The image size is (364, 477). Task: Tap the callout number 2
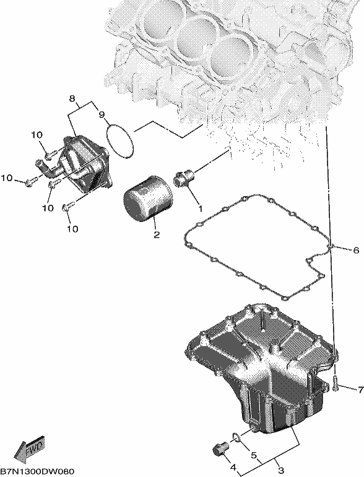[x=157, y=234]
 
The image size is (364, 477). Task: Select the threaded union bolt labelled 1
[x=184, y=179]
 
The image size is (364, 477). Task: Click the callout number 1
[x=200, y=208]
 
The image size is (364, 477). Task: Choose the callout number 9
[x=102, y=115]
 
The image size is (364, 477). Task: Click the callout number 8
[x=72, y=99]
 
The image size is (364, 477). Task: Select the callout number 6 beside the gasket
[x=356, y=251]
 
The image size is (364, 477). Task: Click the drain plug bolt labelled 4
[x=220, y=447]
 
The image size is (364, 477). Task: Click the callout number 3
[x=281, y=471]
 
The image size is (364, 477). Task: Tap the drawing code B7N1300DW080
[x=37, y=471]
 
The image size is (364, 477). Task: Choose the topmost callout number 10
[x=37, y=135]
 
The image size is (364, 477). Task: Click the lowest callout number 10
[x=72, y=229]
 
